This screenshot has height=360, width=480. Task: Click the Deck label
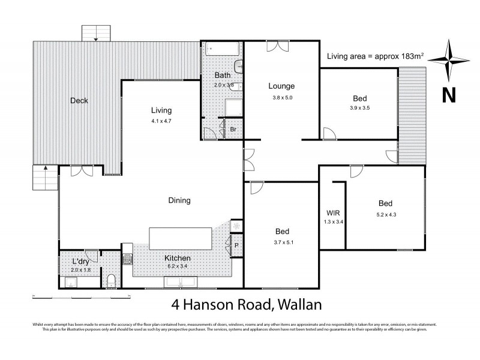pos(78,101)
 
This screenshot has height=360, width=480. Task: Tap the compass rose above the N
pos(448,59)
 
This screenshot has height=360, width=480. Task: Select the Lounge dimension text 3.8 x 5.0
pos(281,97)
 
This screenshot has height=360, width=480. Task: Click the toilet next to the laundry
pos(112,280)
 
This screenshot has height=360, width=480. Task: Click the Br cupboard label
pos(233,130)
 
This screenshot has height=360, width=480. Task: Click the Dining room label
pos(179,201)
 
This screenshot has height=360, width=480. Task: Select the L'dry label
pos(82,262)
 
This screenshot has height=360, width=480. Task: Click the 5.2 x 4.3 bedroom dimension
pos(385,214)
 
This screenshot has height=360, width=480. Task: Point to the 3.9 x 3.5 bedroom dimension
pos(360,109)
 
